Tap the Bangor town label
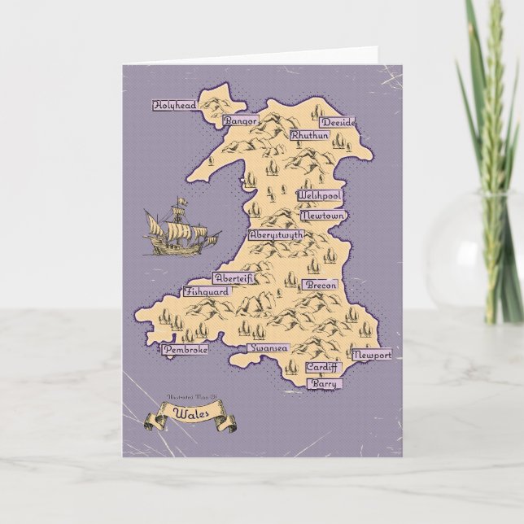click(x=240, y=120)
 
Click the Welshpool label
click(x=320, y=198)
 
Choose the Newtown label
click(x=323, y=216)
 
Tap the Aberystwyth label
click(x=277, y=234)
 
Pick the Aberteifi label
click(x=234, y=277)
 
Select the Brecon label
click(x=320, y=286)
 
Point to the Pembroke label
click(x=185, y=349)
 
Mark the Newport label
click(x=372, y=356)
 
